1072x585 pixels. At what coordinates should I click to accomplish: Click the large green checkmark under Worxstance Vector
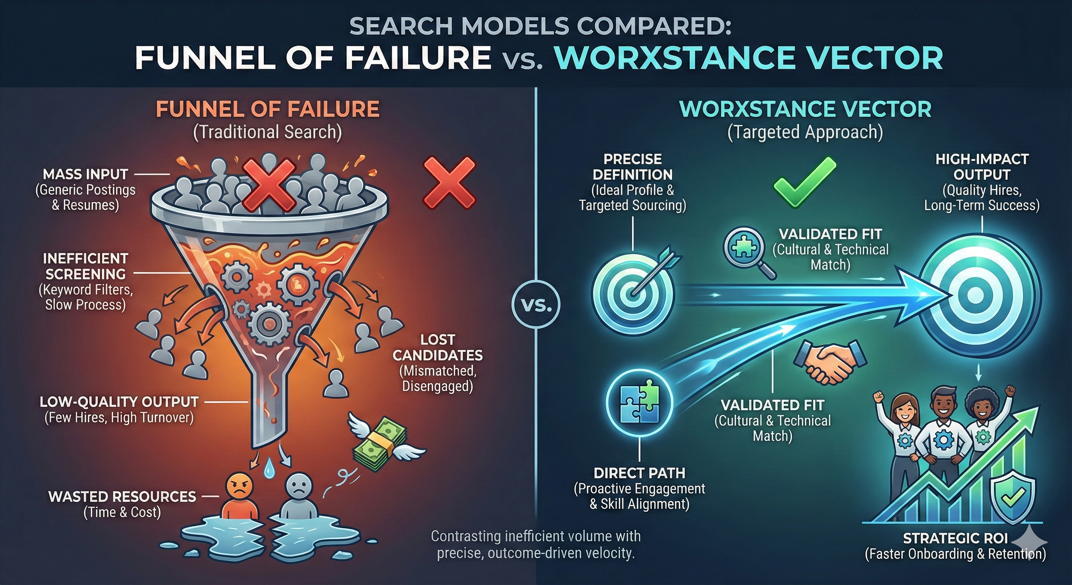coord(804,183)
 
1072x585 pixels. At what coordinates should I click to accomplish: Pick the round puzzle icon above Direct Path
coord(640,402)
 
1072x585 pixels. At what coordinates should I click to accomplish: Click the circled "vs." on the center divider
coord(536,306)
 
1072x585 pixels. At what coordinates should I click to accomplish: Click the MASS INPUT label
coord(86,174)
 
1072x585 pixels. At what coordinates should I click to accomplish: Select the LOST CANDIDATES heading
coord(438,347)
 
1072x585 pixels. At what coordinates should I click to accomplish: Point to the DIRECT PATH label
coord(640,473)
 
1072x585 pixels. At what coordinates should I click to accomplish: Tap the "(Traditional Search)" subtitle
coord(268,132)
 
